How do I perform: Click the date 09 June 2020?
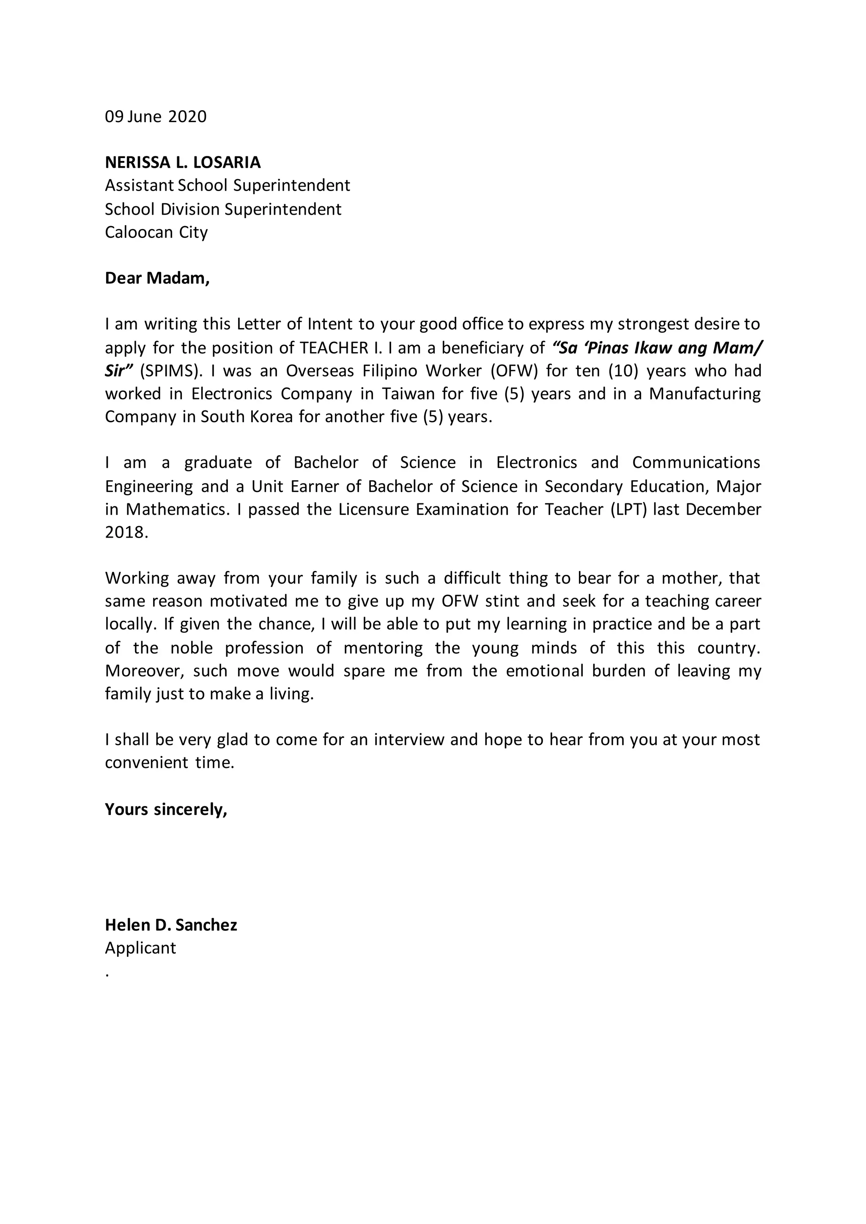(x=155, y=117)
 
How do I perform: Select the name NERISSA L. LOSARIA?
(x=182, y=162)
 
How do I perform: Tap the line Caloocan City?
(x=156, y=232)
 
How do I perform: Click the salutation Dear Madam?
(x=157, y=278)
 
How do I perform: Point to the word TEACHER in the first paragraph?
(x=334, y=348)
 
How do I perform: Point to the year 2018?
(x=126, y=533)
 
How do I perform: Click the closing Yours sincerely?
(x=166, y=809)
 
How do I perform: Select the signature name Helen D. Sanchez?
(x=171, y=925)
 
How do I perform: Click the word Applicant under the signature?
(x=140, y=948)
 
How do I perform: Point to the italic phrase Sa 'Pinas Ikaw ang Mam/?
(x=658, y=348)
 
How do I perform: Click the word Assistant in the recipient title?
(x=139, y=186)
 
